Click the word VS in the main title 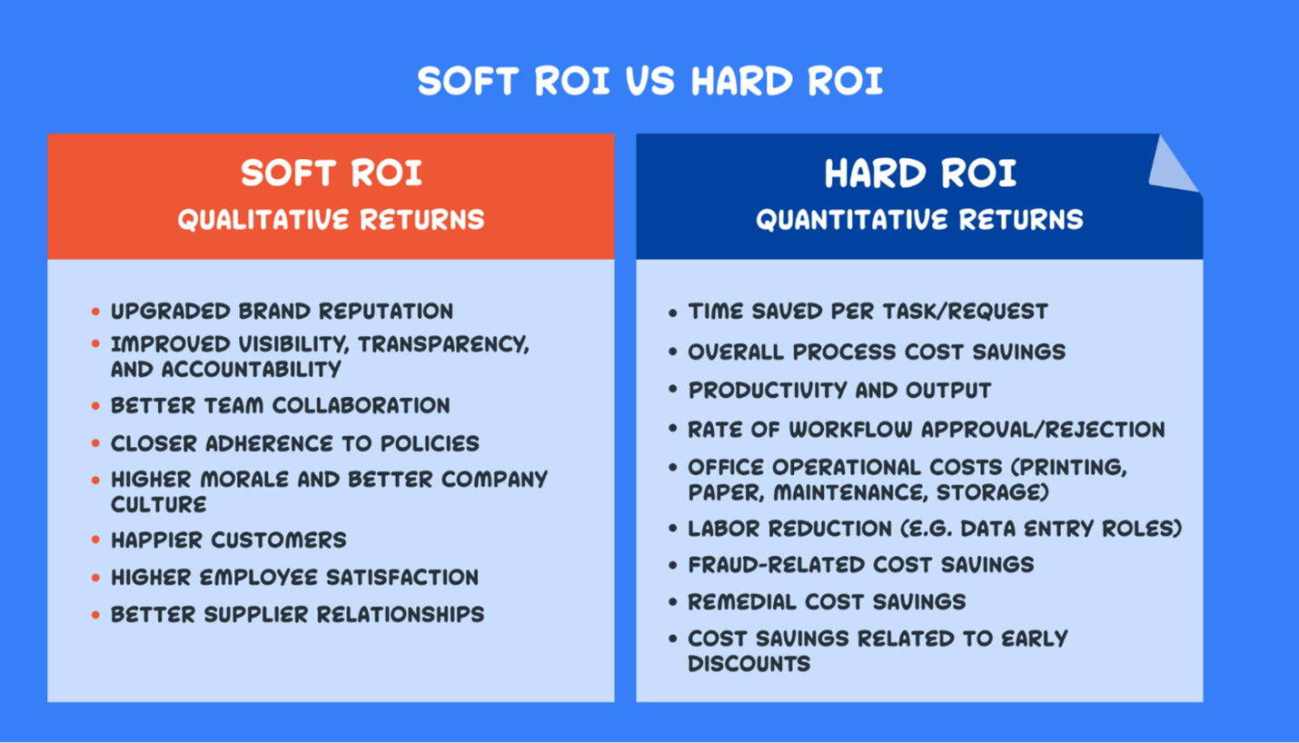(650, 82)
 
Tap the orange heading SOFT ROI (332, 173)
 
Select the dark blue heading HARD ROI (919, 173)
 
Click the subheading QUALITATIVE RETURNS (332, 220)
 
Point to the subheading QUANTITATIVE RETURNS (919, 220)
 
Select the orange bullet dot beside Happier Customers (95, 540)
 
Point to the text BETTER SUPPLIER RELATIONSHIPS (297, 615)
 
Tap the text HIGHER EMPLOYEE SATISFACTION (294, 578)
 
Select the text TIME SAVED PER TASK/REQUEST (868, 312)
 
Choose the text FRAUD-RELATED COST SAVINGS (860, 565)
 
